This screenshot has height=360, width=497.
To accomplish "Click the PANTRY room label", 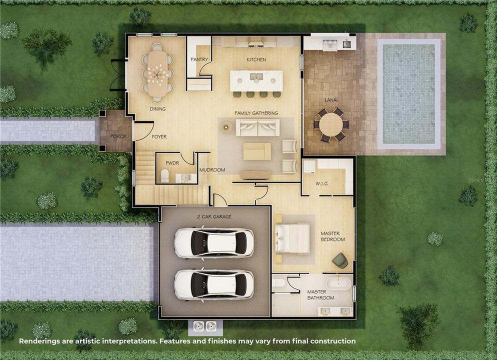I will pos(199,59).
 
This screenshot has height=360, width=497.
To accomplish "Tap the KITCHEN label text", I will pos(256,59).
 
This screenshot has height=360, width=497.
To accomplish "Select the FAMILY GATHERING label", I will pos(256,113).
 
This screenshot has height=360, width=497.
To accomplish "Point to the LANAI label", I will pos(331,100).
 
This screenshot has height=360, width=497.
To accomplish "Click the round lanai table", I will pos(331,124).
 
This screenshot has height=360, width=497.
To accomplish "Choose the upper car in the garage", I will pos(213,242).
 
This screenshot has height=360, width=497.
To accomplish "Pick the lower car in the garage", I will pos(213,284).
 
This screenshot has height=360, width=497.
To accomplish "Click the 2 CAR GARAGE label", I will pos(213,216).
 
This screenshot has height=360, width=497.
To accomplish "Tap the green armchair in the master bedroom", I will pos(340,260).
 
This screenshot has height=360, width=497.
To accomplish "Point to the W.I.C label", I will pos(321,183).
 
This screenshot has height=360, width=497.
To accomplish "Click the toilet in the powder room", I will pos(165,176).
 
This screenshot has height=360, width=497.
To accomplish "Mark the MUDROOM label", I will pos(212,170).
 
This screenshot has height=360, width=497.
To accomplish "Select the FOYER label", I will pos(159,136).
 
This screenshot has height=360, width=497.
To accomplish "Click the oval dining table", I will pos(157,74).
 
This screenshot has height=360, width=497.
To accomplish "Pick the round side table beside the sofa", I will pos(227,127).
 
